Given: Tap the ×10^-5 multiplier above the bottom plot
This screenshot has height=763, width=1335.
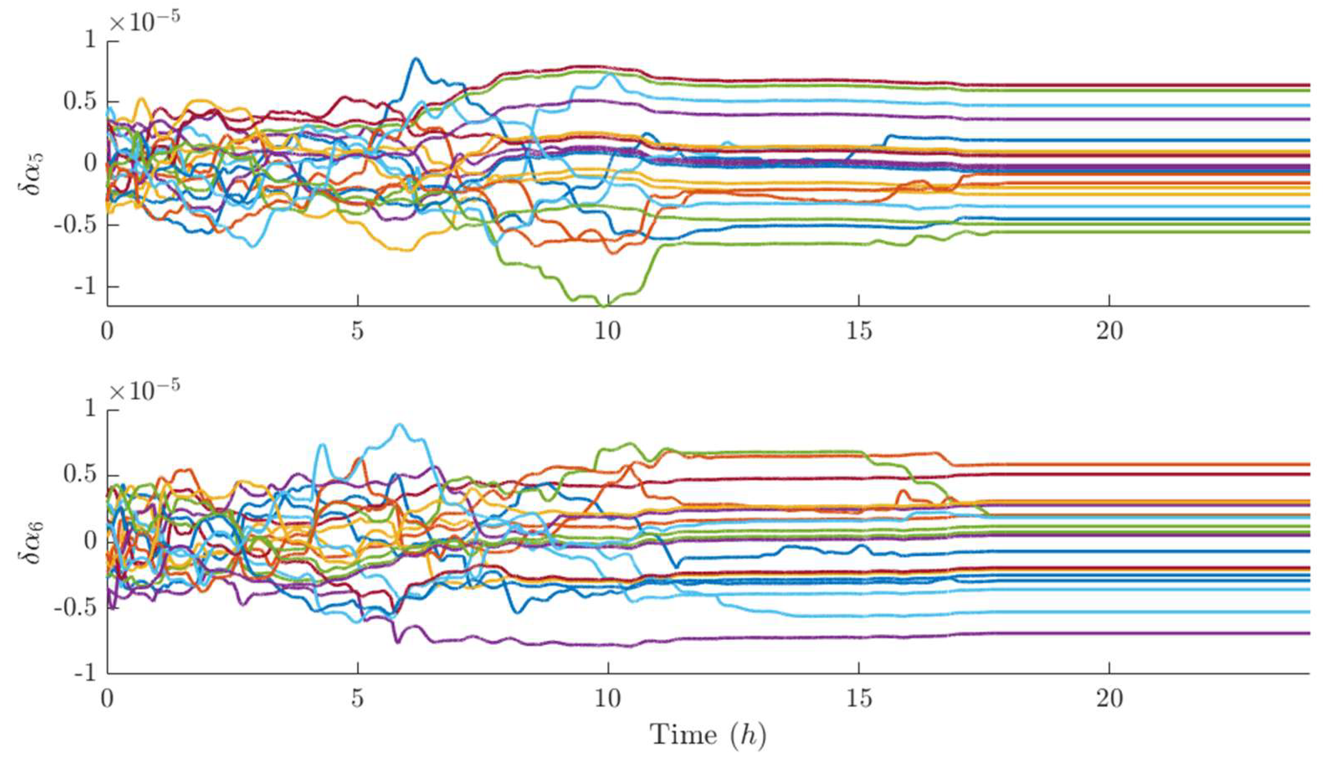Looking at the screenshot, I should pos(144,391).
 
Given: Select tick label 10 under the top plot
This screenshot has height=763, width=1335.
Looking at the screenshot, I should pos(607,332).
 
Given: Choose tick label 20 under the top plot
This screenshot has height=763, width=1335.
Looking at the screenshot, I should pos(1109,332).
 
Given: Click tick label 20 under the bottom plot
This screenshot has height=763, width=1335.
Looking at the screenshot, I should pos(1109,699).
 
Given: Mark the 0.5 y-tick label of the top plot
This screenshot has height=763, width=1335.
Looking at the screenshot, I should pos(80,102).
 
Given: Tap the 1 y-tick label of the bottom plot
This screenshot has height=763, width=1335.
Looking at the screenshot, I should pos(91,409).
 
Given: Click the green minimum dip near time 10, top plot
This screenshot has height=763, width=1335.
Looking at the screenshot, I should pos(606,306).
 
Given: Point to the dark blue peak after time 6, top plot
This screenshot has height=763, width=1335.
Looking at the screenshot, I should pos(416,59).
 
